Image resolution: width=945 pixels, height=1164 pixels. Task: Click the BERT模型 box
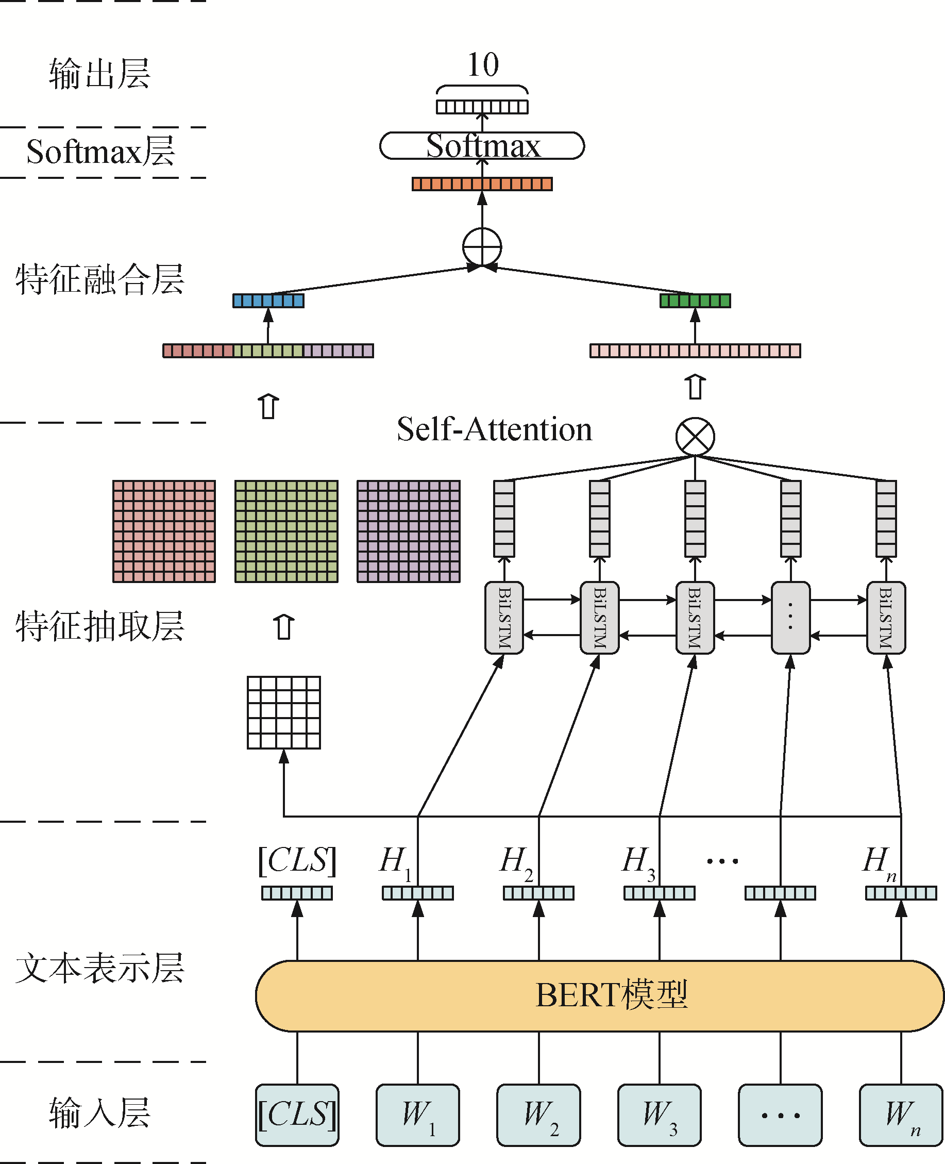tap(599, 996)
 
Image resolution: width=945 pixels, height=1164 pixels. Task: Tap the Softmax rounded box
tap(482, 146)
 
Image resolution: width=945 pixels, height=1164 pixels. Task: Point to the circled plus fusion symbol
tap(482, 247)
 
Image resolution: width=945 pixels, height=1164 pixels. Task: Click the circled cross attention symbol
tap(695, 437)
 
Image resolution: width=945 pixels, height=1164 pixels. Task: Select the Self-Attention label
tap(494, 429)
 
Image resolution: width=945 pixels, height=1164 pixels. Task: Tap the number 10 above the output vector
tap(483, 65)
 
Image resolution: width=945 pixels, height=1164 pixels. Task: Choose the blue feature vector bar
tap(268, 301)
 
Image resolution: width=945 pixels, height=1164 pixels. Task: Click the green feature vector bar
tap(695, 301)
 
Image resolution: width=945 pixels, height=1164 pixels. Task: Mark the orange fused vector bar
tap(482, 184)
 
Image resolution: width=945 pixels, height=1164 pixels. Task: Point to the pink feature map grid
tap(164, 531)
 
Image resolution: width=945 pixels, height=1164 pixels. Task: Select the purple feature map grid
tap(408, 531)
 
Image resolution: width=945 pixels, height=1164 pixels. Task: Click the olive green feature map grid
tap(286, 531)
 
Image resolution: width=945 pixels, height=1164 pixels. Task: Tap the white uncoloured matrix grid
tap(283, 712)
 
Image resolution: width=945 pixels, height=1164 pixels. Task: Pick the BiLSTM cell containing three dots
tap(790, 617)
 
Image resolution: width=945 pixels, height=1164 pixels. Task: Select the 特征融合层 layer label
tap(99, 279)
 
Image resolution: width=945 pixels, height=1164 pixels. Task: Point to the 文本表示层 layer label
tap(99, 969)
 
